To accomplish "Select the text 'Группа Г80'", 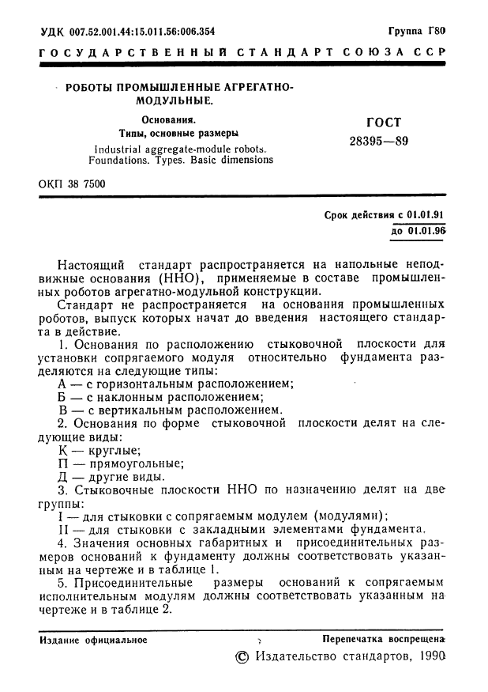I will pyautogui.click(x=417, y=32).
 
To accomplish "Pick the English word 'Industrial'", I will pyautogui.click(x=124, y=148).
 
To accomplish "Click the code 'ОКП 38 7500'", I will pyautogui.click(x=72, y=184).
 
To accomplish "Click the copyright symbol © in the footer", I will pyautogui.click(x=242, y=658).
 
